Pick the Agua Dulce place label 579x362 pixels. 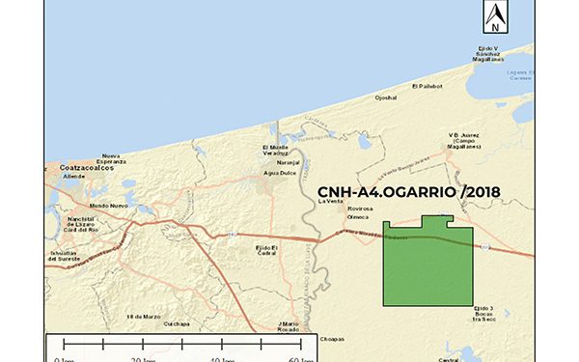281,174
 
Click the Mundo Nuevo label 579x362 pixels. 108,206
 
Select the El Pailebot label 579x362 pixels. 427,86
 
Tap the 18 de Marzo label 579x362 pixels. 143,316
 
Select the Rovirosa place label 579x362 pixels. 361,208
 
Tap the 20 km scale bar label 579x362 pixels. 143,358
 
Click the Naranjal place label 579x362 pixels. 280,164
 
